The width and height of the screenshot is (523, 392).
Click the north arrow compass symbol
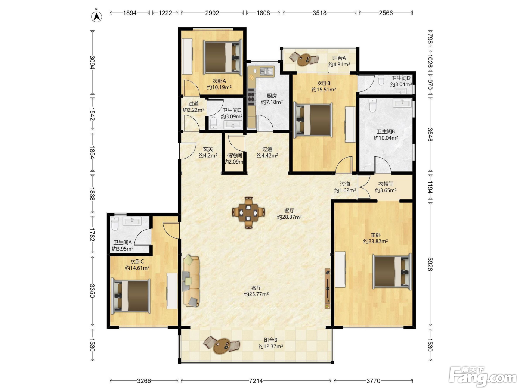point(96,16)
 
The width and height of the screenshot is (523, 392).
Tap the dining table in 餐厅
point(248,212)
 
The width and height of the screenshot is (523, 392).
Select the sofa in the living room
point(191,281)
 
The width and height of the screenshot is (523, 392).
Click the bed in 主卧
point(392,271)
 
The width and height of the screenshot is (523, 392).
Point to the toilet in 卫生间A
point(115,224)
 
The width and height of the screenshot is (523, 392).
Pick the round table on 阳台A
point(304,59)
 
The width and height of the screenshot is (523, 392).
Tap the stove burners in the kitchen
point(251,97)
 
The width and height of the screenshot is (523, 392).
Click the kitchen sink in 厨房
point(266,71)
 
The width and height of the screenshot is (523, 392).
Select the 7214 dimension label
point(256,381)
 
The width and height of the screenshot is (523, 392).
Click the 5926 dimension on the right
point(430,264)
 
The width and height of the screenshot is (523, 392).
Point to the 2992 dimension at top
point(212,13)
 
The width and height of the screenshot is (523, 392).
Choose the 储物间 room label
point(234,155)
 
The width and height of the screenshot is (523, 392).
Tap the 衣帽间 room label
point(386,184)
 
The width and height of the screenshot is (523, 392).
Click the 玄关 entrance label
point(208,149)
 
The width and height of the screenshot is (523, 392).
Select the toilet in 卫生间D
point(381,80)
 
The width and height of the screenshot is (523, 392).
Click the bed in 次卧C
point(131,296)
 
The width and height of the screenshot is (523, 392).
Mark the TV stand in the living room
point(327,289)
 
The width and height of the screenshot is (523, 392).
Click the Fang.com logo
point(482,377)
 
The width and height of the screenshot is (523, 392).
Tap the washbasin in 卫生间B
point(402,103)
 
